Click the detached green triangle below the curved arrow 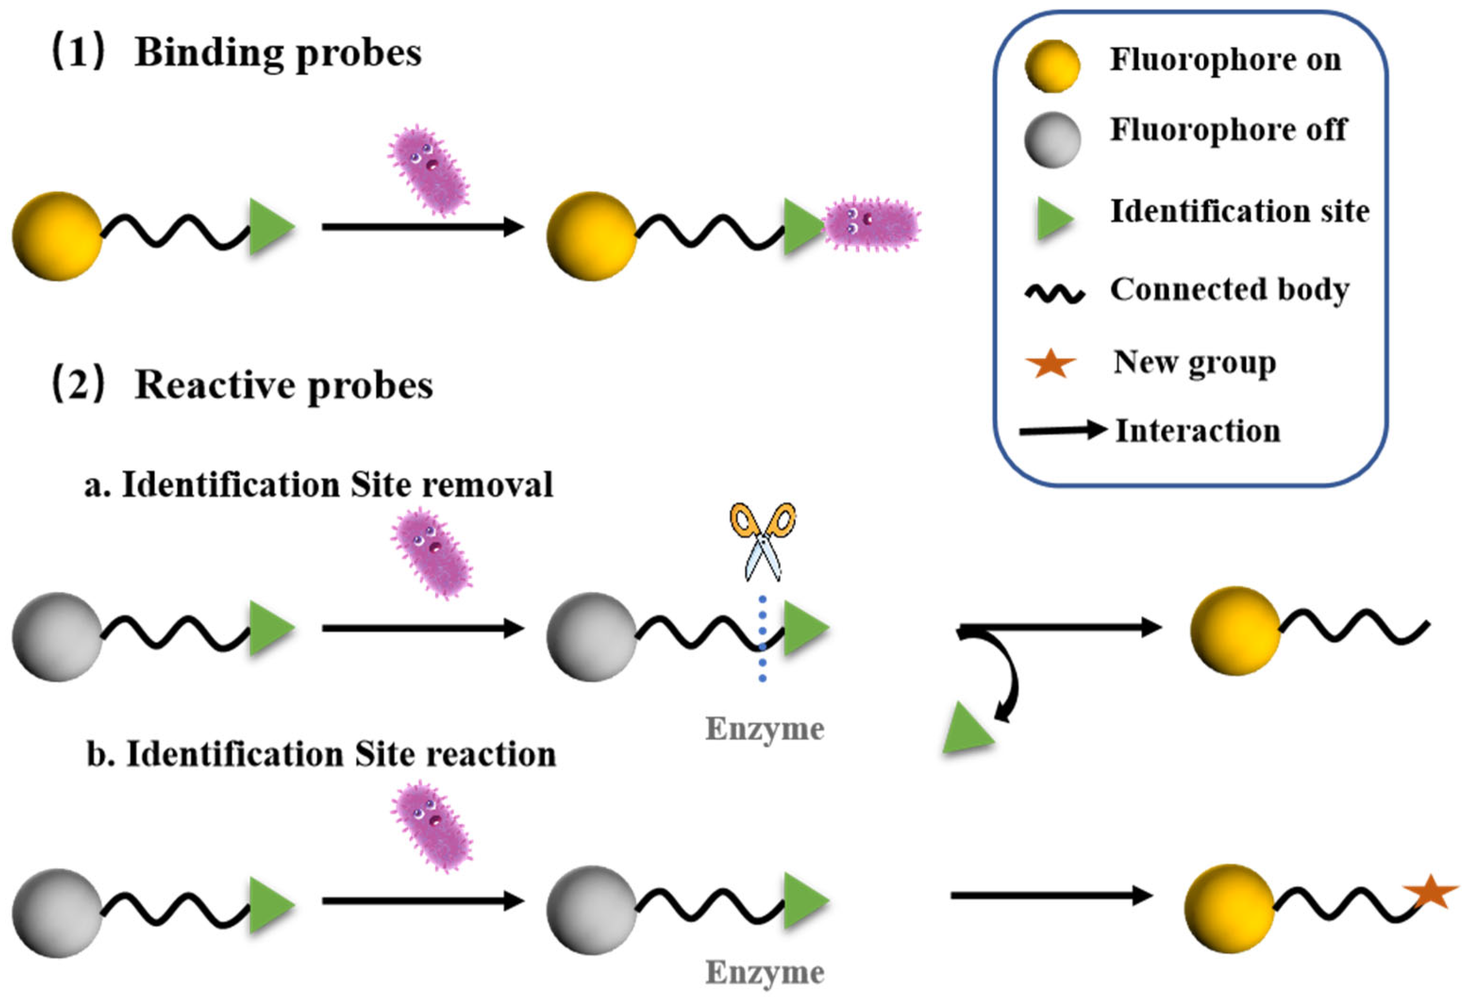pos(966,731)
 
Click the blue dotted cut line pos(763,637)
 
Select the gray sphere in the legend pos(1051,140)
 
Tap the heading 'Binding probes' pos(278,53)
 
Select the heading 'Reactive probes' pos(283,385)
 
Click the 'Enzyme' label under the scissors pos(765,729)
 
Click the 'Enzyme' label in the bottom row pos(765,972)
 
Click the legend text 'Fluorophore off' pos(1228,130)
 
